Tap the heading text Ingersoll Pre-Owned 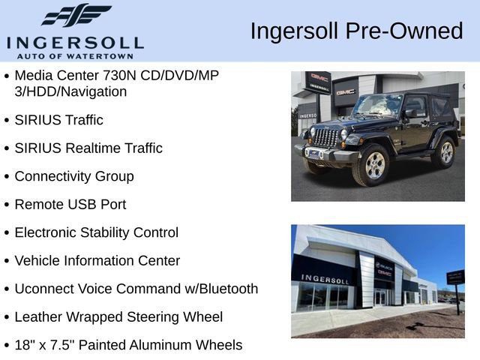click(x=356, y=31)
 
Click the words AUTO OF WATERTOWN click(x=76, y=55)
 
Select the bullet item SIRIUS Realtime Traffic click(x=88, y=148)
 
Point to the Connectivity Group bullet click(x=74, y=176)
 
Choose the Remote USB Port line click(x=70, y=204)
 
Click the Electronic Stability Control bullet click(x=97, y=232)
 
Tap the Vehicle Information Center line click(x=97, y=261)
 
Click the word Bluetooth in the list click(x=226, y=289)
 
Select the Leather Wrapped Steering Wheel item click(x=118, y=317)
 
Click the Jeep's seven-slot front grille click(x=325, y=137)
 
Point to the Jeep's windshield click(x=378, y=105)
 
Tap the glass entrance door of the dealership click(x=380, y=297)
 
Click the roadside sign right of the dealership click(x=454, y=277)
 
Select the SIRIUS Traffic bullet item click(x=59, y=120)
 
